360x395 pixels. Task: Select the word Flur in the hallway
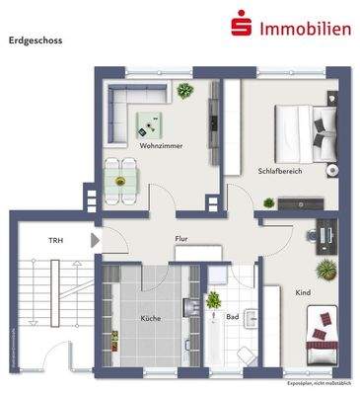click(x=181, y=238)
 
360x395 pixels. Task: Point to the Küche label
click(x=150, y=318)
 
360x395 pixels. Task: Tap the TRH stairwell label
click(x=55, y=240)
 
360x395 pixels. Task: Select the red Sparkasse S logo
click(x=238, y=26)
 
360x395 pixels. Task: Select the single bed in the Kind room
click(x=324, y=329)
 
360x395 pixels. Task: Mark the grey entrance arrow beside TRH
click(x=95, y=240)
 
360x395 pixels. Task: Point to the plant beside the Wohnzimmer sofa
click(x=184, y=90)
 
